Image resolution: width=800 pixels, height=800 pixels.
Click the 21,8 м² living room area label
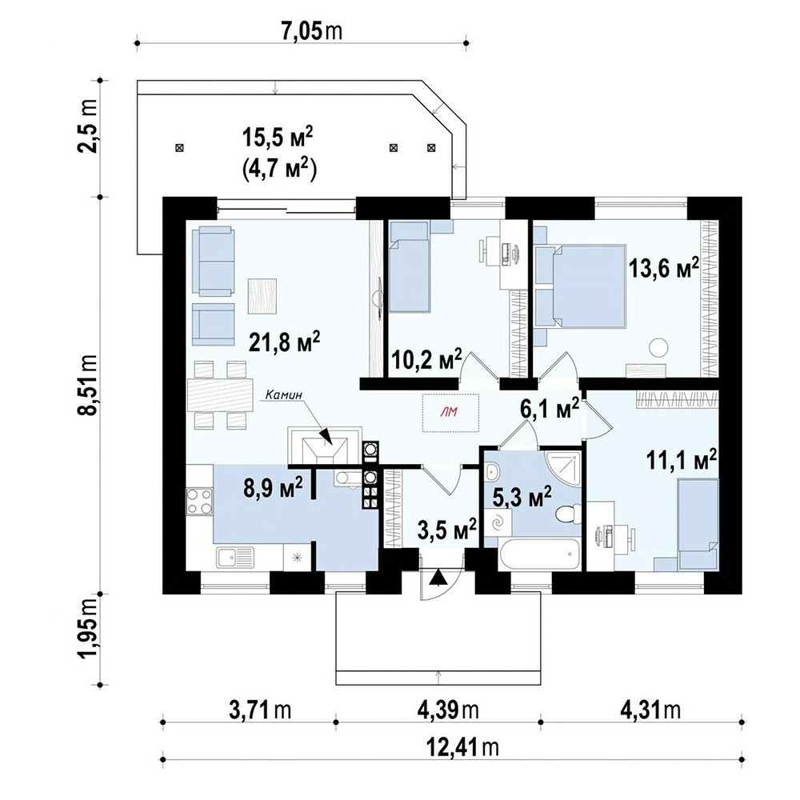tap(284, 342)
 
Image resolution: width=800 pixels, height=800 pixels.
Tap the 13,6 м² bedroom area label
tap(663, 267)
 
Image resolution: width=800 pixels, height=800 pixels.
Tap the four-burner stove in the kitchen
tap(199, 501)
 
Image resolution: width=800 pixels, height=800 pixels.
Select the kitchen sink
tap(236, 557)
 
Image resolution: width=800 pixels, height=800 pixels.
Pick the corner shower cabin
tap(562, 468)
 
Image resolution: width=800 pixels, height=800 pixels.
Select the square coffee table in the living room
tap(262, 296)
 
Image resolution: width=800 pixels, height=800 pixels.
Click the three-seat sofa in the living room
tap(214, 262)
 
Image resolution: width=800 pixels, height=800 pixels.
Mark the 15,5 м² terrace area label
tap(278, 140)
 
